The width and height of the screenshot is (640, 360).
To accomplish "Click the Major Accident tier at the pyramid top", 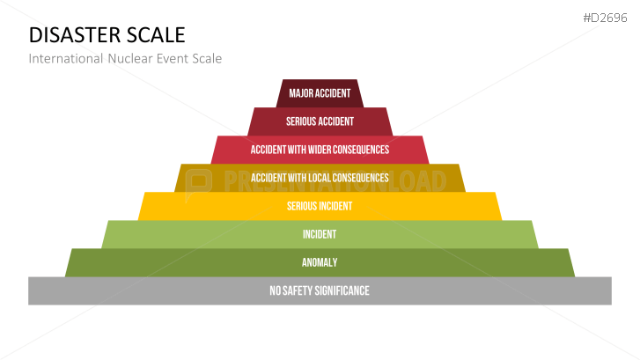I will (x=320, y=93).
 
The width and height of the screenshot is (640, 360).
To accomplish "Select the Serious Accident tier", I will (x=320, y=121).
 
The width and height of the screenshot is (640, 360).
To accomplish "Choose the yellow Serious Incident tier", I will (x=320, y=206).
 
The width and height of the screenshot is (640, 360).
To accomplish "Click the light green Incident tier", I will (x=320, y=234).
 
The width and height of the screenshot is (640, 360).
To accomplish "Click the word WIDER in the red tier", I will (x=327, y=150).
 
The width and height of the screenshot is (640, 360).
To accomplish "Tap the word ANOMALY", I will (x=320, y=262).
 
